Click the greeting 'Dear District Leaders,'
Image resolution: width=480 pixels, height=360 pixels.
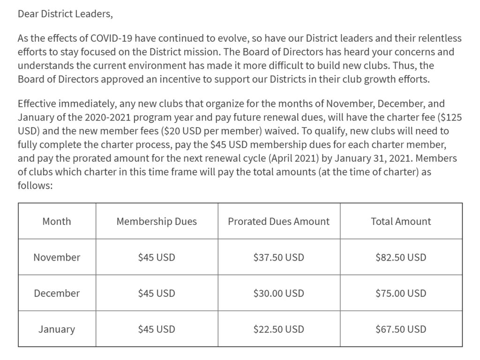click(x=65, y=14)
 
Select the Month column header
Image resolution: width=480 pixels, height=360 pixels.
click(x=57, y=221)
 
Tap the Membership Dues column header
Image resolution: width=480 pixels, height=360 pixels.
click(x=157, y=221)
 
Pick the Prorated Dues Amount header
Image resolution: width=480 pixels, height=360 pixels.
click(x=278, y=221)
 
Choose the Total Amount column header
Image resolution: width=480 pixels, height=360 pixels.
click(x=401, y=221)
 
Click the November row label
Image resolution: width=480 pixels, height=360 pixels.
click(x=57, y=257)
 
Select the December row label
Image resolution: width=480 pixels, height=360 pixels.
click(x=57, y=293)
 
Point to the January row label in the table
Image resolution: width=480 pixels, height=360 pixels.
click(x=57, y=330)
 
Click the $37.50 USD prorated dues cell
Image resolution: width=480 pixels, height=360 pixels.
click(x=278, y=257)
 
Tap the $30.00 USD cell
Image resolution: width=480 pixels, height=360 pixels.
click(x=278, y=293)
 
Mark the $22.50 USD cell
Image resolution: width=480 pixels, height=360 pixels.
click(x=278, y=330)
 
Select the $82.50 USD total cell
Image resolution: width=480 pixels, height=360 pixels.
click(x=401, y=257)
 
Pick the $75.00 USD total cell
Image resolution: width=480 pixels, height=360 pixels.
click(x=401, y=293)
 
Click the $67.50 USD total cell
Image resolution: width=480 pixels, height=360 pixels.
click(x=401, y=330)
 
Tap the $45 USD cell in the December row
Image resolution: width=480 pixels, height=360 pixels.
click(x=157, y=293)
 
